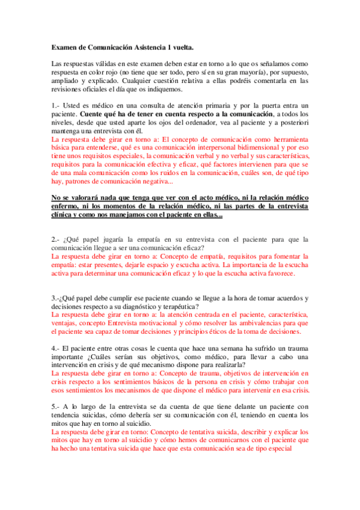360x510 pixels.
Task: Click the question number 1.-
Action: (x=56, y=105)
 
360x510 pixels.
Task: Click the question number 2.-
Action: (x=56, y=239)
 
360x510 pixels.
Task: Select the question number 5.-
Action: (x=56, y=406)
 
